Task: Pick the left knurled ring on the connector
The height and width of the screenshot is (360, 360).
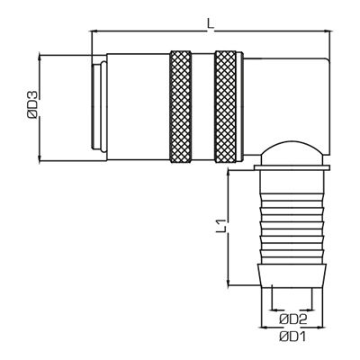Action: point(183,109)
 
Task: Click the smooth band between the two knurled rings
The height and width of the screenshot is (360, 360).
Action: point(205,109)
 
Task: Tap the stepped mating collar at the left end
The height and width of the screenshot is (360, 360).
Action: point(97,109)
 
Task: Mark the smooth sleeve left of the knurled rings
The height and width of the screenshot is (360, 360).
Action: point(137,109)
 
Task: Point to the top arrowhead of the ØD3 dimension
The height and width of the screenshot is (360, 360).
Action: point(40,57)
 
